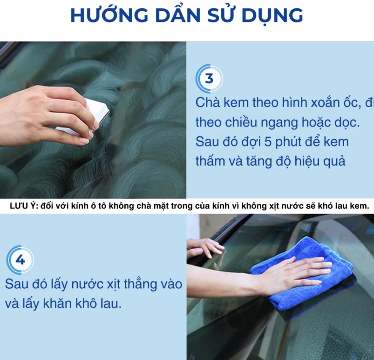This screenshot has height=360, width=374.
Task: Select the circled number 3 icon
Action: (209, 78)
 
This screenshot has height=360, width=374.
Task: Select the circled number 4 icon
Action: (20, 260)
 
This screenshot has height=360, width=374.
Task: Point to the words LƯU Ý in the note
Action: (24, 206)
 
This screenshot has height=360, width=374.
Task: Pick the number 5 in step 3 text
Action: (268, 142)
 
